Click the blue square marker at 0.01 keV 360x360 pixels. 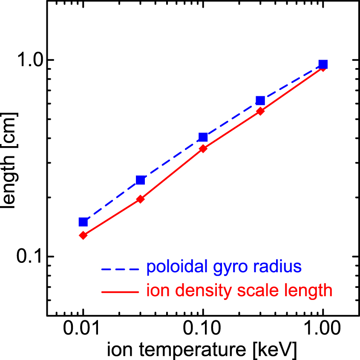pos(83,222)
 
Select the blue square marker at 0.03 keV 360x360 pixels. pos(140,180)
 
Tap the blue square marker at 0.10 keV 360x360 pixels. pos(203,137)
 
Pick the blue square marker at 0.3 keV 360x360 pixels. pos(260,101)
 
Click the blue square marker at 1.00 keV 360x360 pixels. pos(323,64)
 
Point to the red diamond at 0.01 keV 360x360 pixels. pos(83,235)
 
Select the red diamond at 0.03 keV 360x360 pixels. pos(140,199)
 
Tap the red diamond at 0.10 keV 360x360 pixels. pos(203,149)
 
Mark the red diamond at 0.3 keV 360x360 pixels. pos(260,111)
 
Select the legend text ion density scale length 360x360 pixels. pos(239,291)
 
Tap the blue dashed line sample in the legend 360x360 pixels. pos(120,269)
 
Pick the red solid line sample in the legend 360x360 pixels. pos(120,292)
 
